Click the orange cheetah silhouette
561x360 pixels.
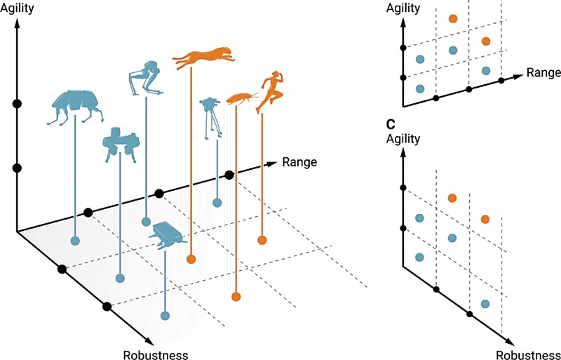coord(204,58)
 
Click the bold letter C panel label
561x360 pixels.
coord(390,125)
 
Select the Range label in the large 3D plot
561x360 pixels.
coord(300,162)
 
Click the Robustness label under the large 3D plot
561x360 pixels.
coord(155,354)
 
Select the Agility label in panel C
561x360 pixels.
coord(403,138)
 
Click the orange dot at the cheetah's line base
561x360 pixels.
coord(191,260)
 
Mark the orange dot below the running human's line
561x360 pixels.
coord(262,241)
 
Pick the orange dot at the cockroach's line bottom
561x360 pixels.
coord(236,296)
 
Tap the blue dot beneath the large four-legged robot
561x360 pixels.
coord(76,241)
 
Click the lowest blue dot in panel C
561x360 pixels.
coord(485,304)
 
